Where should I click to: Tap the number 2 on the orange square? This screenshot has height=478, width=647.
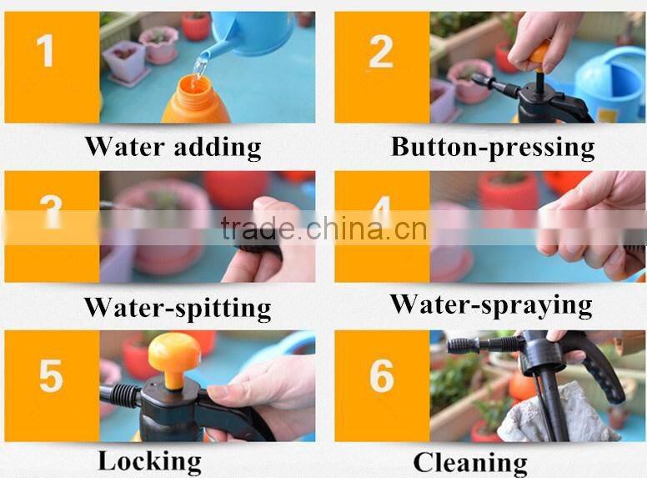click(x=380, y=53)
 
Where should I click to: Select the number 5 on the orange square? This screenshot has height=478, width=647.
click(x=50, y=376)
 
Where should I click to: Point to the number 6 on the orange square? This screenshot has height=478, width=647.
click(x=381, y=376)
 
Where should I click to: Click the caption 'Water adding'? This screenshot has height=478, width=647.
click(x=173, y=148)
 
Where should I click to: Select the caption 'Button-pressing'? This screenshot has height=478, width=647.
click(x=493, y=148)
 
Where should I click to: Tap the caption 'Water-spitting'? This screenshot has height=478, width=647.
click(x=177, y=307)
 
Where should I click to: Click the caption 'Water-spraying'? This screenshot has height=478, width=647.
click(x=491, y=304)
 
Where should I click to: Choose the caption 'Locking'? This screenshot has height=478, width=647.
click(x=149, y=460)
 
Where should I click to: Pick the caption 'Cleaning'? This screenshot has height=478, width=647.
click(x=470, y=461)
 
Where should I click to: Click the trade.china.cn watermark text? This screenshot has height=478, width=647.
click(x=323, y=228)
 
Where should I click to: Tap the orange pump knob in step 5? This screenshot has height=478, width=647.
click(x=174, y=353)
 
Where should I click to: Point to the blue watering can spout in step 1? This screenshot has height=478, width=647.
click(x=207, y=50)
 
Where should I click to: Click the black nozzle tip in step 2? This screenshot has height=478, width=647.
click(x=482, y=80)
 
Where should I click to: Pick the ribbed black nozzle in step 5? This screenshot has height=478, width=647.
click(x=122, y=395)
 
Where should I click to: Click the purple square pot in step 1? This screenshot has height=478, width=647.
click(x=125, y=61)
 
